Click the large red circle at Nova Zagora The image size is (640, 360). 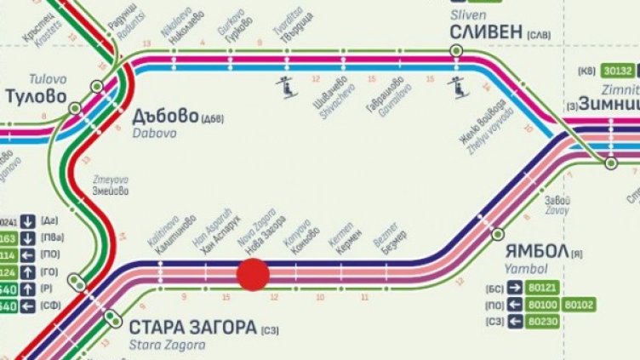252,276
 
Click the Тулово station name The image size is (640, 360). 36,96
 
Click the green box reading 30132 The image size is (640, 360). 616,71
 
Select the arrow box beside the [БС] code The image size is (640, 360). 516,288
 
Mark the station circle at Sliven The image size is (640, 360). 457,51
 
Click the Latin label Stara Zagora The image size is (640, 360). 168,345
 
